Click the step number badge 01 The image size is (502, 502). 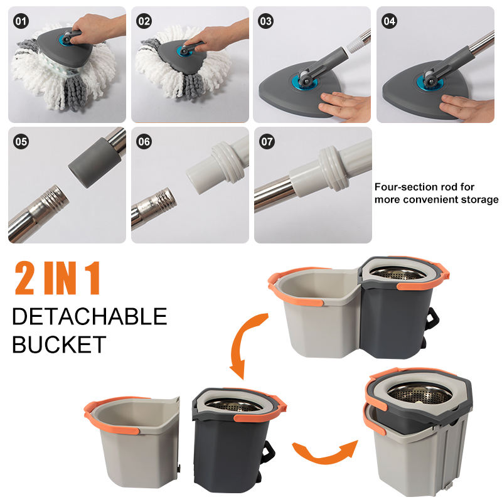click(x=21, y=21)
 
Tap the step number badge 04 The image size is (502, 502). click(x=389, y=21)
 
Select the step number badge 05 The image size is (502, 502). click(x=21, y=142)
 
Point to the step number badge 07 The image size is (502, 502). click(x=267, y=142)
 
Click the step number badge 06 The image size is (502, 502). click(x=144, y=142)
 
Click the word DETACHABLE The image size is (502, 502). click(x=90, y=316)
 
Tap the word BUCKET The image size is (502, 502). click(x=59, y=344)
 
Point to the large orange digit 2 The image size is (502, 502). click(x=24, y=278)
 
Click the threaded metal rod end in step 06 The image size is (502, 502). click(x=163, y=201)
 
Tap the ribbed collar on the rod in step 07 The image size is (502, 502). click(x=334, y=169)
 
